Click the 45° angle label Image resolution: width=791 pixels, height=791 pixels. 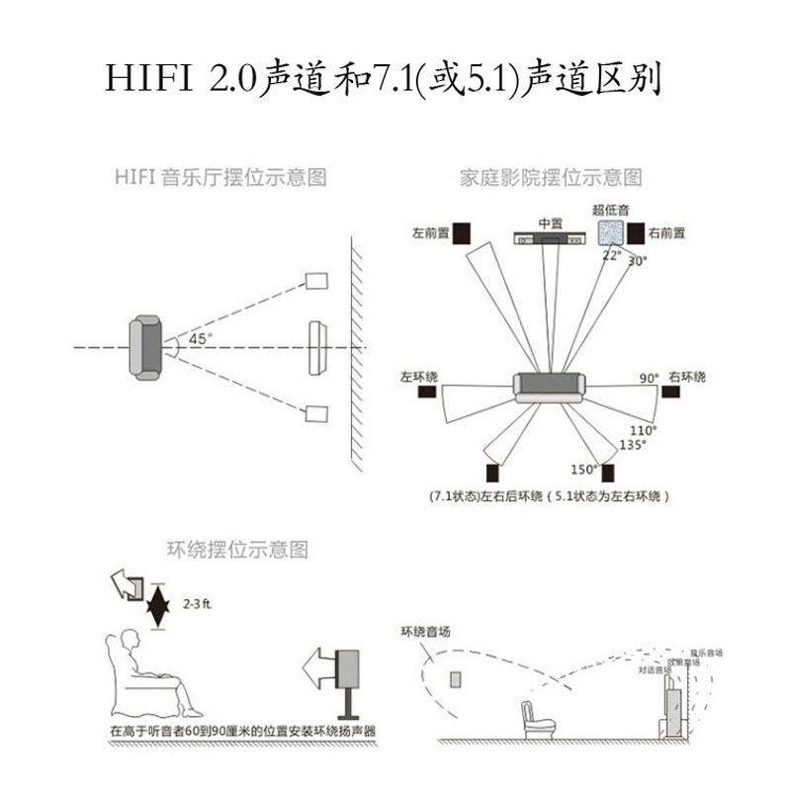[x=201, y=339]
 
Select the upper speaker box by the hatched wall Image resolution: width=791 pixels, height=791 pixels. [x=316, y=281]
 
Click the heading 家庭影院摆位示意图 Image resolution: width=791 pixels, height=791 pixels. [x=551, y=178]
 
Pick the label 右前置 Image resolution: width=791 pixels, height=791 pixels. [x=668, y=233]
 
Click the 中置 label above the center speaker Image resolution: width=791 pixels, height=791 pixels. [x=550, y=221]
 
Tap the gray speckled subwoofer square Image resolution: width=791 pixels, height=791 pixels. [x=612, y=231]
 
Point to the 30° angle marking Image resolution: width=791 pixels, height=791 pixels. [x=637, y=261]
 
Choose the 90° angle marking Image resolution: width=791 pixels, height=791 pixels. [x=649, y=379]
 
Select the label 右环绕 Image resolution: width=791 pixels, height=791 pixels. [x=687, y=378]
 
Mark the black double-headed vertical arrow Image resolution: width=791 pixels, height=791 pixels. [x=155, y=606]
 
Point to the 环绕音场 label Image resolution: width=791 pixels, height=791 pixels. [x=425, y=631]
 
